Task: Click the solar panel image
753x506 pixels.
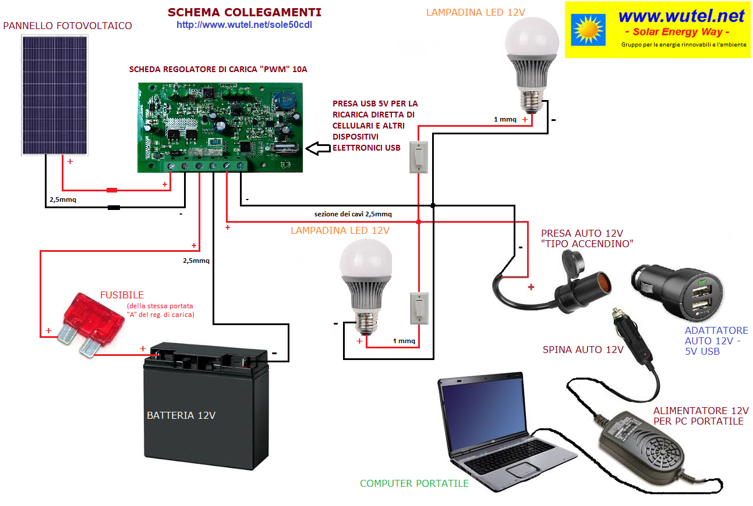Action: (55, 95)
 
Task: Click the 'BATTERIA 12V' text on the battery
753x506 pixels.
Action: (181, 416)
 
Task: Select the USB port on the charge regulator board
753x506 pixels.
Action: (285, 148)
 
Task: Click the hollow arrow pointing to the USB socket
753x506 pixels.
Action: (318, 148)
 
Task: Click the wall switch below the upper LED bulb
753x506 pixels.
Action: (419, 157)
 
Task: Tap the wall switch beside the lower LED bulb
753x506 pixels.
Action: (419, 309)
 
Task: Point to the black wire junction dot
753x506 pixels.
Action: (433, 205)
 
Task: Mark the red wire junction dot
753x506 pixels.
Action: (419, 222)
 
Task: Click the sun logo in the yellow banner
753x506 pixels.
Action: (588, 30)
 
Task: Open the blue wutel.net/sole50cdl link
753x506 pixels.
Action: (245, 25)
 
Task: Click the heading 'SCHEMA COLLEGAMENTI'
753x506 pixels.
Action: (245, 12)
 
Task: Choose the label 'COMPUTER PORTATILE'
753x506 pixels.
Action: (414, 483)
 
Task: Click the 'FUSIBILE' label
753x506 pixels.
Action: (122, 295)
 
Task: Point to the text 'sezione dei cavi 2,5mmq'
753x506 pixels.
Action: (353, 214)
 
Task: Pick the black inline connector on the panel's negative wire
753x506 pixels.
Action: (114, 208)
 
